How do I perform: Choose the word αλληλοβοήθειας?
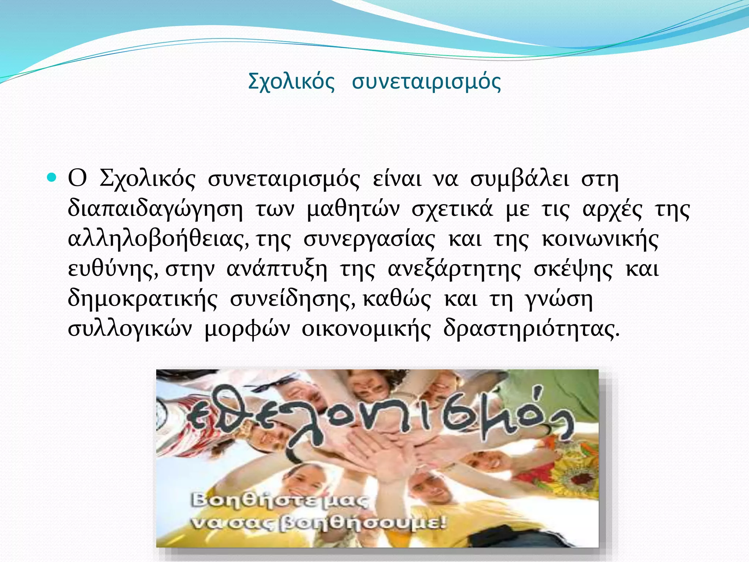click(158, 239)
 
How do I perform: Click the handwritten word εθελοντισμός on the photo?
click(380, 417)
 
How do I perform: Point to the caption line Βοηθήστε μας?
click(280, 501)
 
